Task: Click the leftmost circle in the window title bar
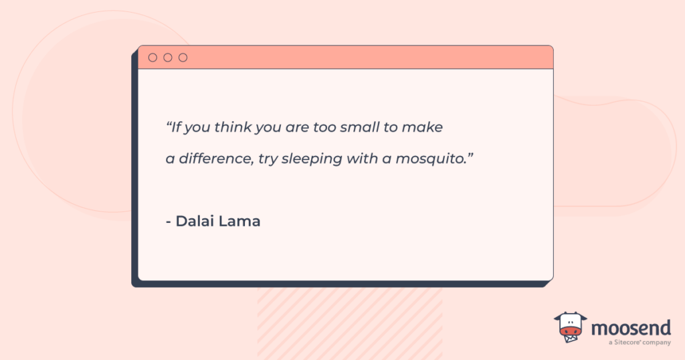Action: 153,58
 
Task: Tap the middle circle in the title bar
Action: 168,58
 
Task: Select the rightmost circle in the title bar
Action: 183,58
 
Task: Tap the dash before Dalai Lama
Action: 169,221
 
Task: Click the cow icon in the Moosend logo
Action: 570,327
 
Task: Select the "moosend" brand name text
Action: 629,329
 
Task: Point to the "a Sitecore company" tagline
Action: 640,343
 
